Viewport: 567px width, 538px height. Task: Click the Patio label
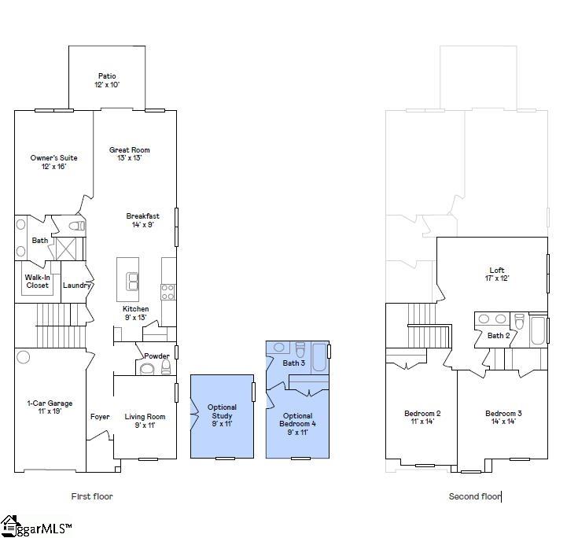coord(108,80)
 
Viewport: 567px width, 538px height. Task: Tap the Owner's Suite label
coord(53,162)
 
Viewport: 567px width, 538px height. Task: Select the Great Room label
coord(129,153)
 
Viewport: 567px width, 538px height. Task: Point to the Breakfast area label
coord(142,220)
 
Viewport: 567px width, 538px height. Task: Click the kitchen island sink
coord(132,281)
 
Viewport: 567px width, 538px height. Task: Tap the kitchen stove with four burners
coord(168,291)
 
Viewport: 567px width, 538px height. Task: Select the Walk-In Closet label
coord(37,281)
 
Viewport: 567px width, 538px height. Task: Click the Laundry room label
coord(77,285)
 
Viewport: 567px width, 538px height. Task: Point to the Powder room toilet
coord(147,368)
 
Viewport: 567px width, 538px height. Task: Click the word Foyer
coord(100,417)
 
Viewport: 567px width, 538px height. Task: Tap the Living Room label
coord(145,421)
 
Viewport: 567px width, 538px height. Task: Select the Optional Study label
coord(222,415)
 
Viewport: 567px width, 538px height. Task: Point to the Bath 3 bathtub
coord(318,357)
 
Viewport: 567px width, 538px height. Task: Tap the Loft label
coord(496,274)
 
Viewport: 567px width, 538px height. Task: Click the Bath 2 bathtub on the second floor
coord(538,330)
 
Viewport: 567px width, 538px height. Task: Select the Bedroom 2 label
coord(422,417)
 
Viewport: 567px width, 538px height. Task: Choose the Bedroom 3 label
coord(503,417)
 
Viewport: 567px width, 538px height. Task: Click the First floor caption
coord(92,496)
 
